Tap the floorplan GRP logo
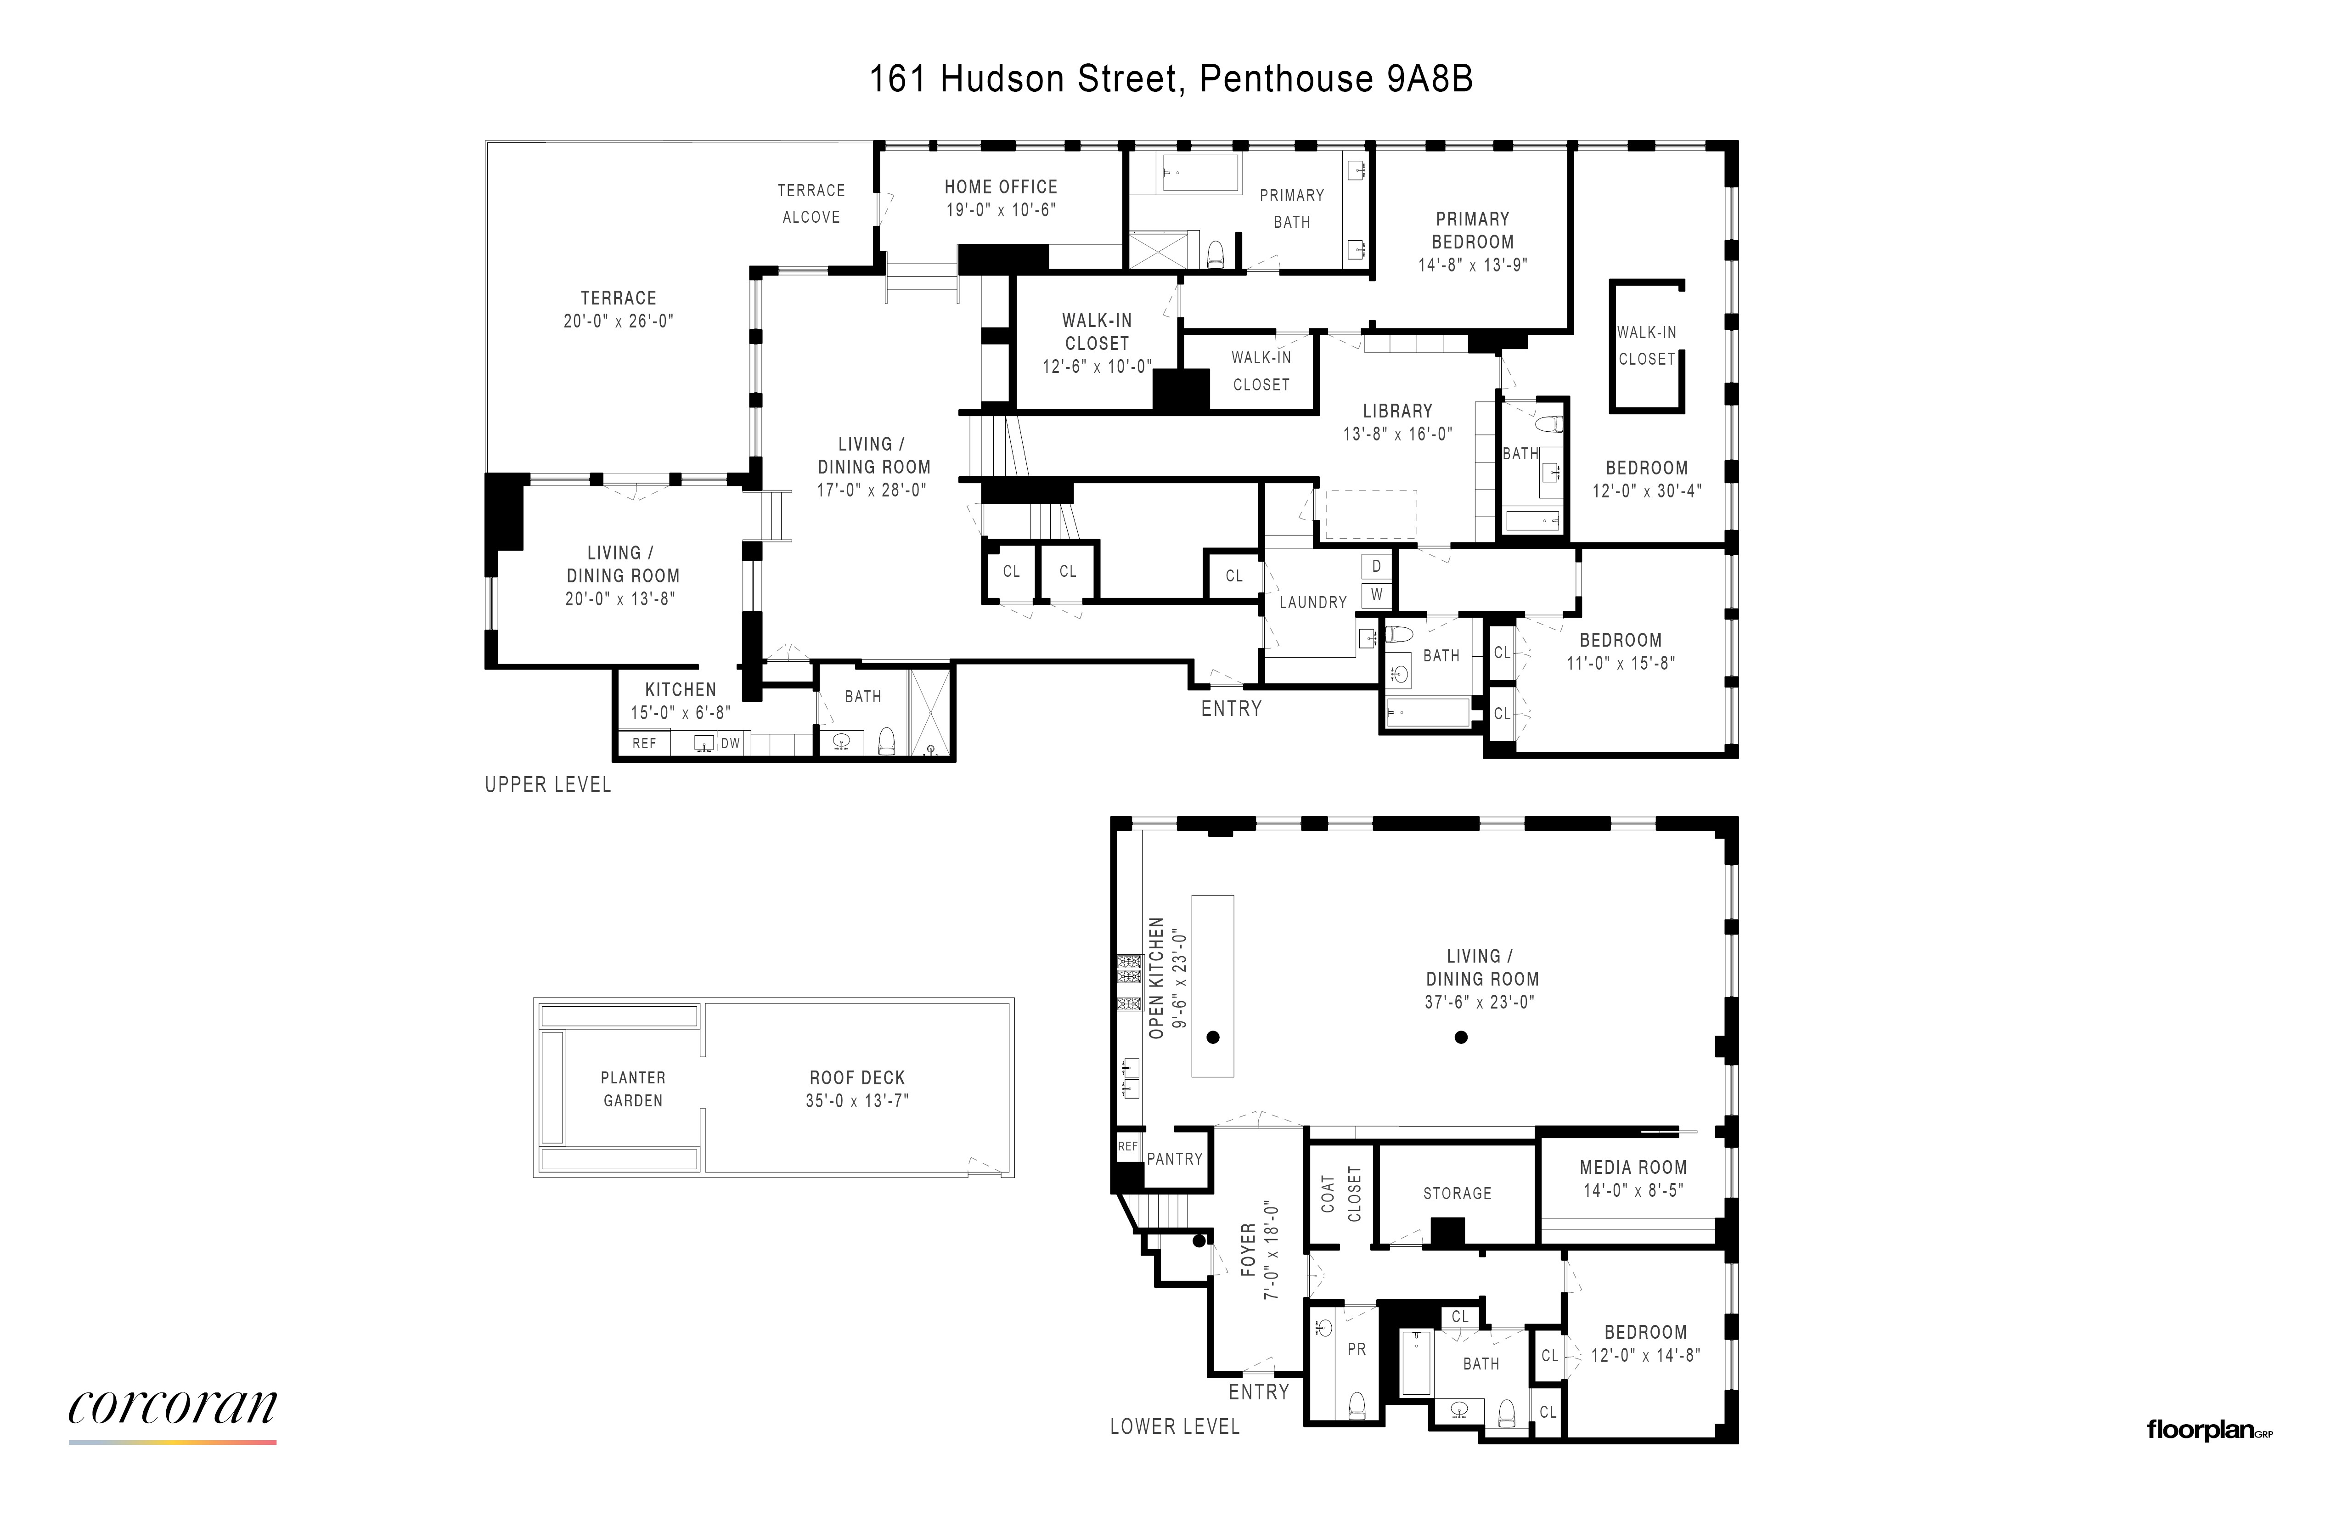(2209, 1431)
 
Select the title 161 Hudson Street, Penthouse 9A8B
(1171, 79)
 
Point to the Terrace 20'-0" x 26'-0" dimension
(618, 321)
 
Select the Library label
(1397, 411)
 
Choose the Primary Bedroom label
(1472, 231)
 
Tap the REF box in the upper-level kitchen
(643, 743)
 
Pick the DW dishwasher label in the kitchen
(730, 743)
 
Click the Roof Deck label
(857, 1078)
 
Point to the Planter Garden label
(633, 1089)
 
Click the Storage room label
(1458, 1193)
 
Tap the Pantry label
(1175, 1159)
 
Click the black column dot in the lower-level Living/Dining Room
(1461, 1037)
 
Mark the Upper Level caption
(548, 784)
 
